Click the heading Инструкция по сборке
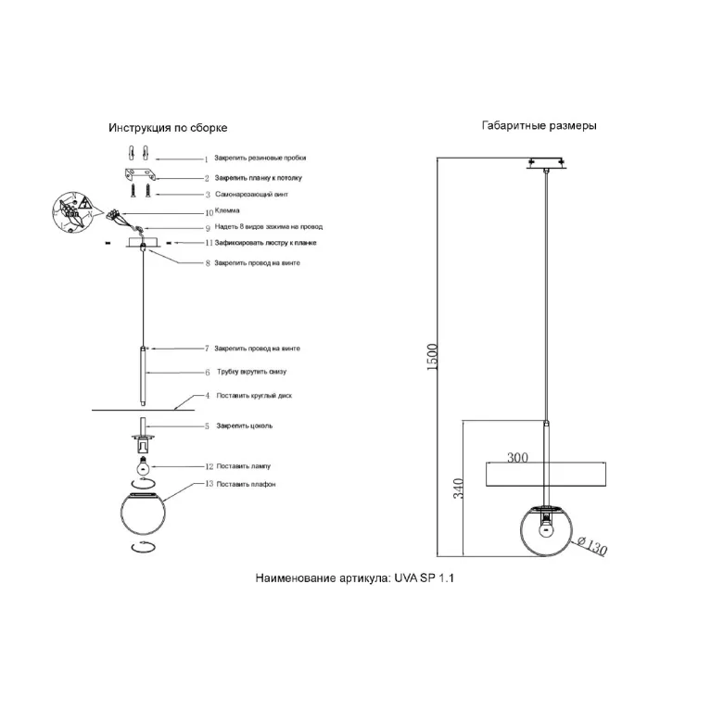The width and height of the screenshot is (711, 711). (x=168, y=128)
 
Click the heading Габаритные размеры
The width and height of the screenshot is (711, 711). (x=539, y=125)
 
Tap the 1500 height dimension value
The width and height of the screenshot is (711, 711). (x=433, y=357)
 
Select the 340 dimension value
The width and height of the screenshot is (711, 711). (x=459, y=489)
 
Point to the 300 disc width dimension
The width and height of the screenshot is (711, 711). (x=517, y=457)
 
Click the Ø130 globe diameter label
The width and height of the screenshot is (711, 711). (x=592, y=545)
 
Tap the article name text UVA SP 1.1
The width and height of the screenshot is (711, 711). (x=424, y=578)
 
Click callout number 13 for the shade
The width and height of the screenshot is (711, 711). (x=209, y=484)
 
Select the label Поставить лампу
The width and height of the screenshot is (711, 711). (x=244, y=466)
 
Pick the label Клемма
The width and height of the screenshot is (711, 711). (x=227, y=210)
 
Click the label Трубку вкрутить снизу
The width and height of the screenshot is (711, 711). (x=251, y=372)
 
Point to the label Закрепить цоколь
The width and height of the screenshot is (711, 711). (x=245, y=425)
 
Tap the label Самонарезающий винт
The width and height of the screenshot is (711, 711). (x=251, y=194)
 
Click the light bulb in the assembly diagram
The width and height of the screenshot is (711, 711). (x=144, y=464)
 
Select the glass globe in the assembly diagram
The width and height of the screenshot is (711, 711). (x=144, y=513)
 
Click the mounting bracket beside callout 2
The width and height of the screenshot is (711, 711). (x=141, y=174)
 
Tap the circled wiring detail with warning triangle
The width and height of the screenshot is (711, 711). (x=72, y=212)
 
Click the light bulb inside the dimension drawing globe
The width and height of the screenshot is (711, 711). (x=546, y=527)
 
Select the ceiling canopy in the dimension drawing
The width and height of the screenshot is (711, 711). (x=546, y=163)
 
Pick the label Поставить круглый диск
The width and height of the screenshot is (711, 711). (x=254, y=396)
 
